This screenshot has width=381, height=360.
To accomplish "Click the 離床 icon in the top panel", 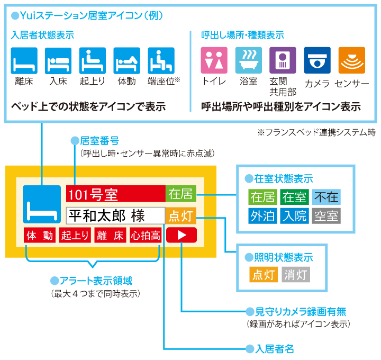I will [x=24, y=60].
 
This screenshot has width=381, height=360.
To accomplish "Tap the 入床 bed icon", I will [x=58, y=60].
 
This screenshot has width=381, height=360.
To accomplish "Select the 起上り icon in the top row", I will [x=93, y=60].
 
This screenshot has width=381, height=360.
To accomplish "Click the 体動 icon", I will [x=126, y=60].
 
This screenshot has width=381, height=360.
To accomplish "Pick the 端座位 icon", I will [x=161, y=60].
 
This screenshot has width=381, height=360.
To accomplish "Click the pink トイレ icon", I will [x=214, y=60].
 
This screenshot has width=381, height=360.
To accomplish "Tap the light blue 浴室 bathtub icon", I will [x=248, y=60].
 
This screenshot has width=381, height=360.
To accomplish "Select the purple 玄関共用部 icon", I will [x=283, y=60].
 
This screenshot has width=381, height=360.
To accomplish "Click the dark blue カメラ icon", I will [x=317, y=60].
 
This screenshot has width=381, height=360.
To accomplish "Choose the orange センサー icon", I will [x=351, y=60].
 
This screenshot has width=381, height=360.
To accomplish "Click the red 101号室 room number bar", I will [x=115, y=194].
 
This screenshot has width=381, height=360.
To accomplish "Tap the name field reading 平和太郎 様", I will [x=115, y=215].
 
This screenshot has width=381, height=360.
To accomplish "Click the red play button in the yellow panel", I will [x=182, y=235].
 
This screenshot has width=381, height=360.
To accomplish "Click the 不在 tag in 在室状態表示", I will [x=326, y=197].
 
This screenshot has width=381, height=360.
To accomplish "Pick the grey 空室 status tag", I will [x=326, y=215].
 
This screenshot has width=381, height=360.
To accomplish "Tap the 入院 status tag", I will [x=294, y=215].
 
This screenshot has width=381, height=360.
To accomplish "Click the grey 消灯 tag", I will [x=295, y=275].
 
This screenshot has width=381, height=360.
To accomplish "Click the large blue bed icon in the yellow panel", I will [x=42, y=204].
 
